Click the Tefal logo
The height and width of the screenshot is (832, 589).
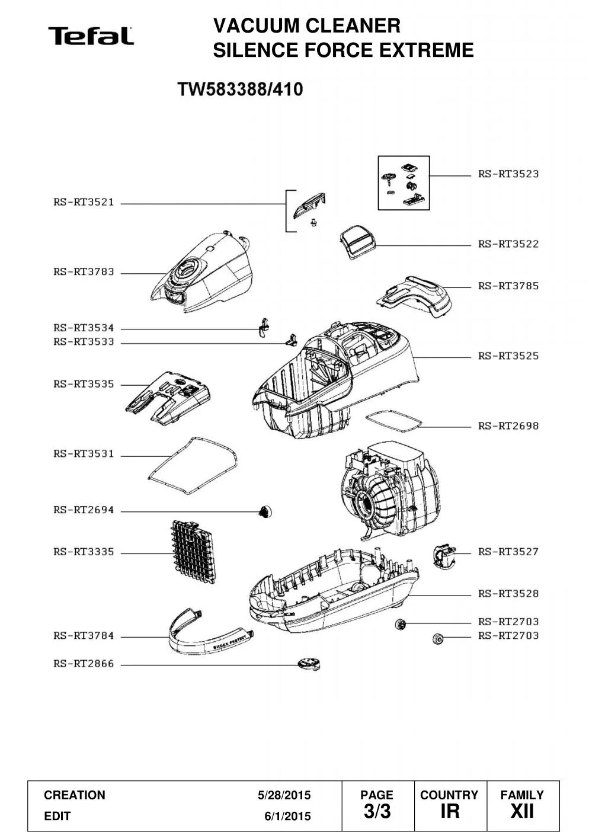[x=91, y=36]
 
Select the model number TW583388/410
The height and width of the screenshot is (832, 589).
[x=240, y=89]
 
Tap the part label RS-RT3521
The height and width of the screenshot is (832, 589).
[x=84, y=203]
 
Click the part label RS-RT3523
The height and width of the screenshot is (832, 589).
[x=508, y=174]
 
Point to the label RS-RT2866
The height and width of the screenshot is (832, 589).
[x=84, y=664]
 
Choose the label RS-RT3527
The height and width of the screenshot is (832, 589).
[x=508, y=552]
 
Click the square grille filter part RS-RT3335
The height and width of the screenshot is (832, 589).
[x=192, y=551]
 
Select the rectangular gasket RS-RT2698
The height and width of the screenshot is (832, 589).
[x=394, y=421]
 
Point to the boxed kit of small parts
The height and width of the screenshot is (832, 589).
[x=404, y=183]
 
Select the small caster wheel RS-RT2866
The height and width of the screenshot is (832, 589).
[x=309, y=664]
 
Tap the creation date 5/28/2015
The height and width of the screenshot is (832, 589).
[x=284, y=795]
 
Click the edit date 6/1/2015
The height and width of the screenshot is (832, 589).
[x=287, y=817]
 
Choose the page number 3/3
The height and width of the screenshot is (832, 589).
[x=376, y=811]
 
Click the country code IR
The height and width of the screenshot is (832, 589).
[x=450, y=811]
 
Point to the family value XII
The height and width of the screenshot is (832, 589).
[x=522, y=811]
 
